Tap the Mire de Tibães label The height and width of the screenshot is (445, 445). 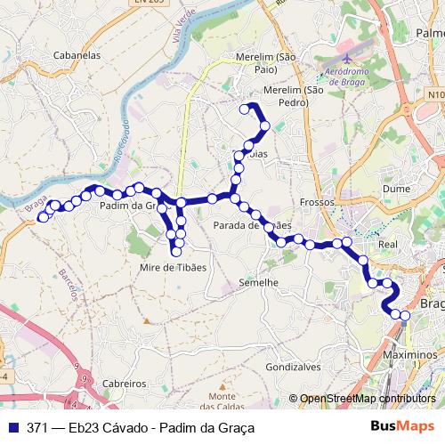(x=174, y=267)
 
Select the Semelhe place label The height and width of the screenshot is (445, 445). (x=260, y=282)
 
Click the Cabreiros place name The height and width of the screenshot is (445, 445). (x=125, y=383)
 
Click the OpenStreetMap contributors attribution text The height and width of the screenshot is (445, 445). (x=367, y=399)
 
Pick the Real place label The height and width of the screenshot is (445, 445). (x=388, y=243)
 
